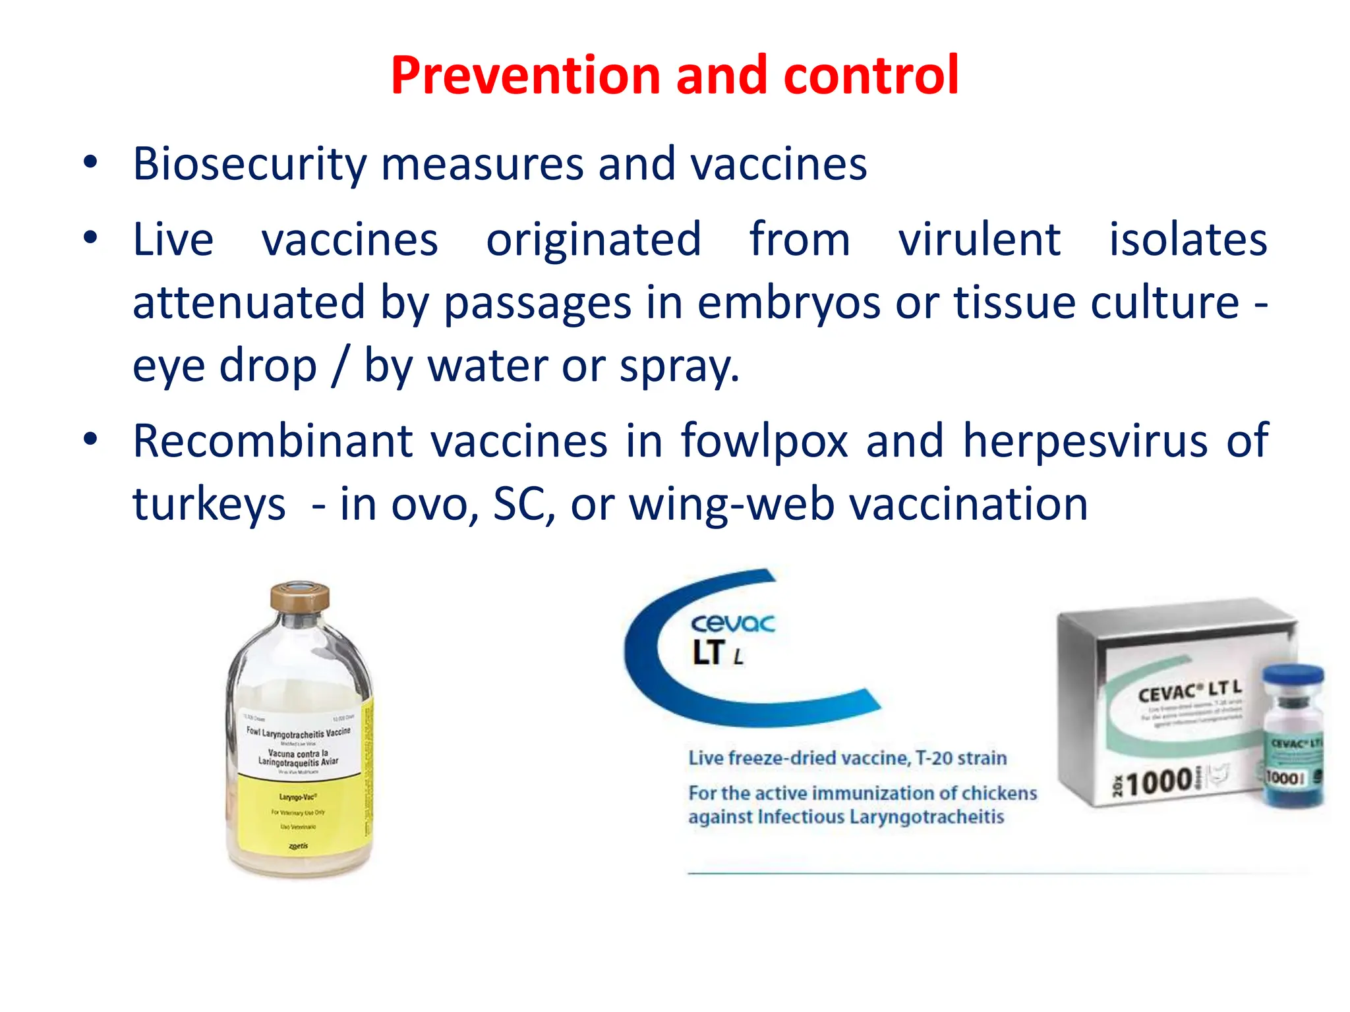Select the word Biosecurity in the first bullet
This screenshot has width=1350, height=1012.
[x=249, y=163]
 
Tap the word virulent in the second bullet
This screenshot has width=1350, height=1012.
[x=980, y=239]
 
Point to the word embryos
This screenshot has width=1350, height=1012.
[x=788, y=302]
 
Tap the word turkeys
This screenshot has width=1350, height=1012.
[x=209, y=504]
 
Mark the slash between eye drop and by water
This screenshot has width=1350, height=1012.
[x=340, y=366]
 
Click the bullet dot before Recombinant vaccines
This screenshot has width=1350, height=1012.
[x=91, y=438]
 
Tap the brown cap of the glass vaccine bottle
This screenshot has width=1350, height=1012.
[x=300, y=597]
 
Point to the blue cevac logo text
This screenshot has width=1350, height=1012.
[x=732, y=623]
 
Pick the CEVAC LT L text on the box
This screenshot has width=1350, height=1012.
[x=1190, y=691]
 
